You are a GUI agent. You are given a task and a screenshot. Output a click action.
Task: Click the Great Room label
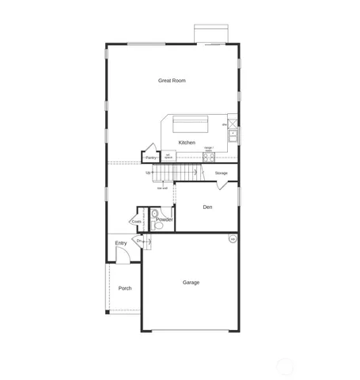coord(172,80)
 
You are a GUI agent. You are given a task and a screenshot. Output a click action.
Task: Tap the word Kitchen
coord(187,142)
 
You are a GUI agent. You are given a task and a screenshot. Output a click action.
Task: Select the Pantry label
coord(150,158)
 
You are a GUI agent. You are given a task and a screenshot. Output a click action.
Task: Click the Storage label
coord(222,173)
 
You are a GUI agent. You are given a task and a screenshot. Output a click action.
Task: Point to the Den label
coord(207,207)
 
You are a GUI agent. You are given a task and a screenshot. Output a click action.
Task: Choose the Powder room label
coord(165,219)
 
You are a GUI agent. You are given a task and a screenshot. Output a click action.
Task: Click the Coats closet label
coord(137,222)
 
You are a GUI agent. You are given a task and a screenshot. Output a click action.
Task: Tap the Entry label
coord(121,243)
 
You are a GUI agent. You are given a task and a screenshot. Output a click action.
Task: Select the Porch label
coord(125,288)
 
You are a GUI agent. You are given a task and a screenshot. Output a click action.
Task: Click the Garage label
coord(191,282)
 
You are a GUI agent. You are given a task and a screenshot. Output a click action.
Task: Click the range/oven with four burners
coord(209,156)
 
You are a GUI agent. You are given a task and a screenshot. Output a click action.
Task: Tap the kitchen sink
coord(233,133)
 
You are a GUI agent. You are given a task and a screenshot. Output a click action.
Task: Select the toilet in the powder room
coord(157,226)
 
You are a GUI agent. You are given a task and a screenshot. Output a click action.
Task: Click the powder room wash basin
coord(156,213)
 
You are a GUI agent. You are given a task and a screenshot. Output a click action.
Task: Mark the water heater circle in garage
coord(233,239)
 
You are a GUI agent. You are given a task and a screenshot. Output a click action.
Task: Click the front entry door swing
coord(123,255)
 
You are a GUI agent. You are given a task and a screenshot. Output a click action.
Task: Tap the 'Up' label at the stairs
coord(148,173)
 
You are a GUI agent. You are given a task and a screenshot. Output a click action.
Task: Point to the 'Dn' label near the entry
coord(139,241)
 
